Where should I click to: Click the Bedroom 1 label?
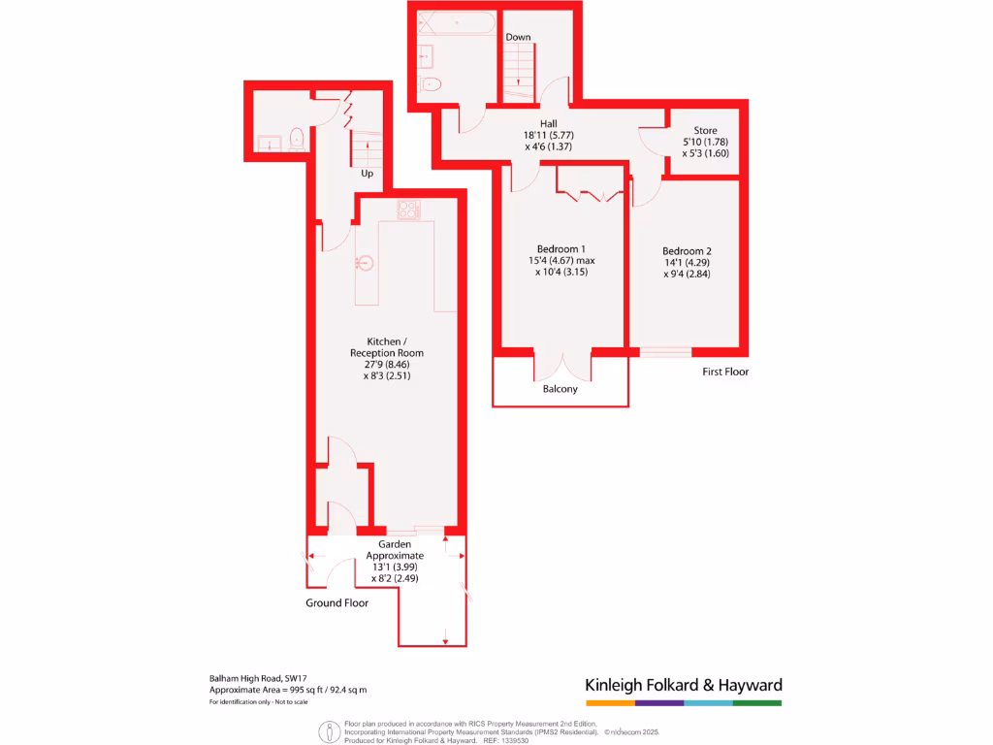[562, 248]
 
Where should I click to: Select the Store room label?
[705, 131]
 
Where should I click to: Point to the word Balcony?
[561, 389]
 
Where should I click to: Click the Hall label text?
[548, 123]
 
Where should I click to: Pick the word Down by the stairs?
[518, 37]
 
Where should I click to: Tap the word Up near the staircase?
[367, 174]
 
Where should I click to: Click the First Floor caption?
[725, 372]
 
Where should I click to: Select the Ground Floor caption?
[337, 602]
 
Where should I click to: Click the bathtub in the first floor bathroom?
[457, 23]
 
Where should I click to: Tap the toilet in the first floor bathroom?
[432, 84]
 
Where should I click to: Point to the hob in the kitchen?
[408, 210]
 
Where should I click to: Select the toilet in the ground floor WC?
[297, 139]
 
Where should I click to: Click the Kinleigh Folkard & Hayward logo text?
[683, 685]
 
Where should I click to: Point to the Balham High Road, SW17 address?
[258, 678]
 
